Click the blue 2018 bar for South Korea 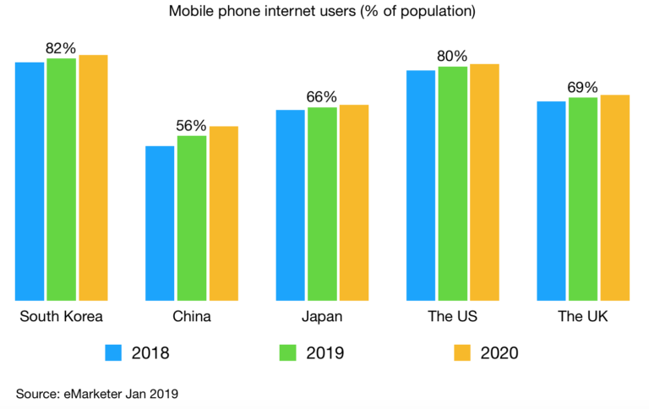click(30, 181)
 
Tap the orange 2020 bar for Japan click(354, 202)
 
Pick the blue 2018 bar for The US click(420, 185)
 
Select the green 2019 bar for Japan click(321, 204)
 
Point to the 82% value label click(61, 48)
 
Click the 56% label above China click(191, 126)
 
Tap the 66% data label click(321, 97)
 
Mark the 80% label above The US click(452, 56)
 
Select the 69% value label click(582, 88)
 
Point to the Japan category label click(321, 317)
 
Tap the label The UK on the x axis click(582, 317)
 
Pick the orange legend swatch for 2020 click(461, 352)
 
